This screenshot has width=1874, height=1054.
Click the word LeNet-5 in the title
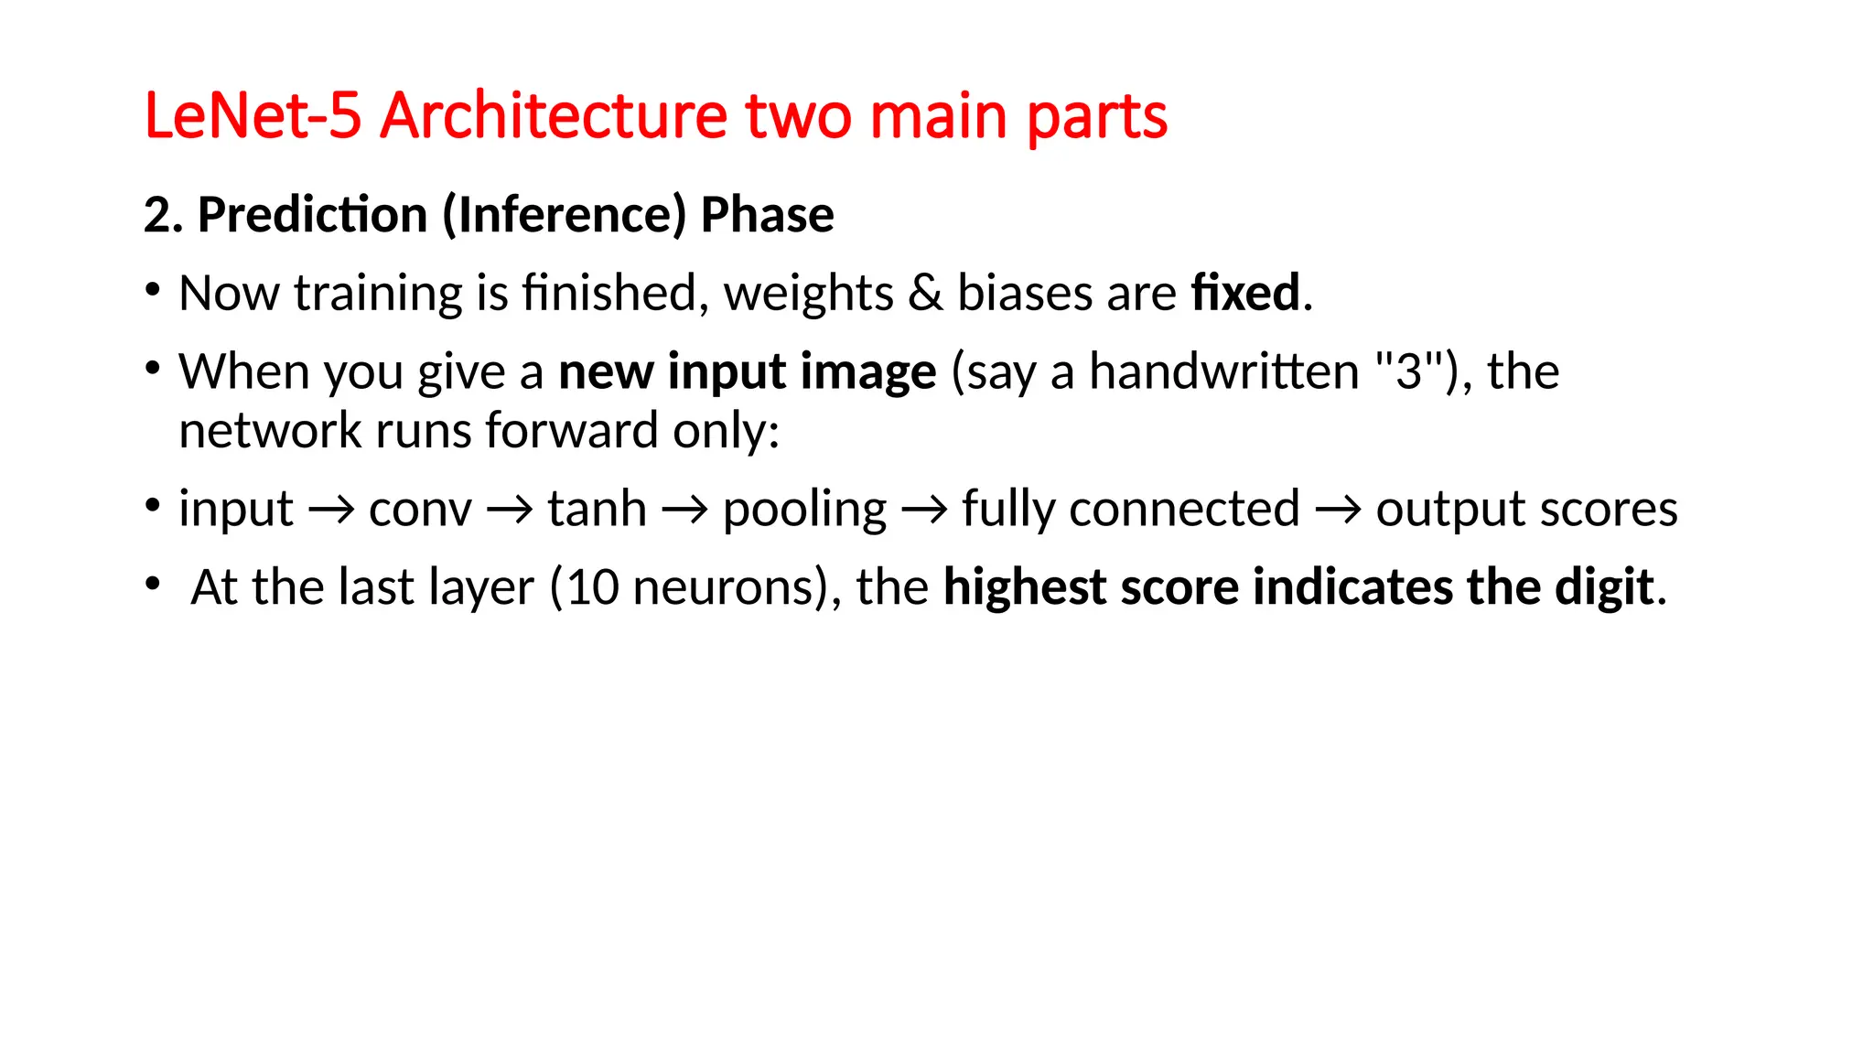tap(253, 116)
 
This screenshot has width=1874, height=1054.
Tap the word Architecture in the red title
tap(554, 116)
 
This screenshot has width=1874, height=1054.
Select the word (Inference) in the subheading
tap(564, 215)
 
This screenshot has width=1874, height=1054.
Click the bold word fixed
tap(1245, 293)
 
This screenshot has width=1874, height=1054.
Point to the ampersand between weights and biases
tap(925, 294)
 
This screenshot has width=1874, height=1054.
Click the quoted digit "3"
tap(1409, 371)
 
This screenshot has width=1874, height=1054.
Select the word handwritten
tap(1223, 371)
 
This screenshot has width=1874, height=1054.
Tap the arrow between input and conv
tap(330, 510)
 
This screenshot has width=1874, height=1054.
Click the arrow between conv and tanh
tap(510, 510)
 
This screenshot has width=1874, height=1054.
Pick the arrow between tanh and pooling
tap(684, 510)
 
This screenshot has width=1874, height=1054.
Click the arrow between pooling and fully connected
tap(924, 510)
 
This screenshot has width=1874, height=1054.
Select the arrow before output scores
tap(1338, 510)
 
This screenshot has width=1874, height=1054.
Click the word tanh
tap(597, 509)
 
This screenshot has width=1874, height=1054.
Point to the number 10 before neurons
tap(593, 587)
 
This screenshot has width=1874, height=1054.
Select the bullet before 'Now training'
tap(153, 291)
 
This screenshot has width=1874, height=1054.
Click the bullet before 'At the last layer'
tap(153, 584)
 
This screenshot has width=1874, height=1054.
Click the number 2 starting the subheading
tap(156, 216)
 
